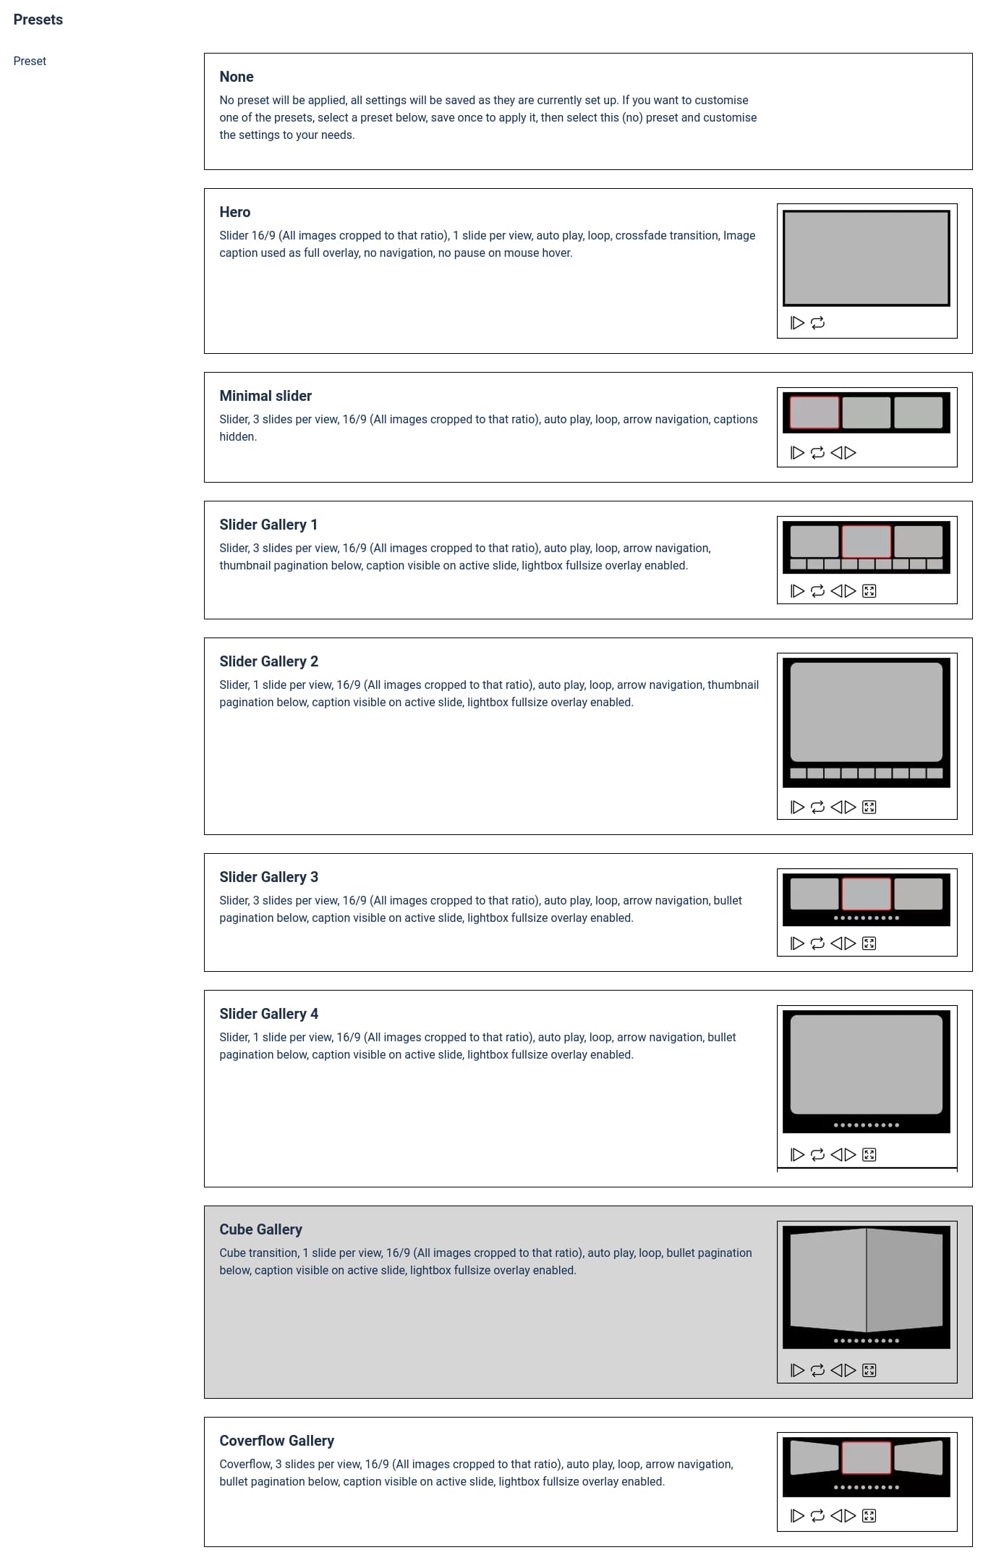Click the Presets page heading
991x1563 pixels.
point(38,20)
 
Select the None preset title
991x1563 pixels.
point(237,77)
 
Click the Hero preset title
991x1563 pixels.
point(235,212)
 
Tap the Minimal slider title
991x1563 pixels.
point(265,396)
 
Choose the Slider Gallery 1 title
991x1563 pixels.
point(268,525)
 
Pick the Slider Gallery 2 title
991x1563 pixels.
point(269,661)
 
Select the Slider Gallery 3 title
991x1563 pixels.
point(269,877)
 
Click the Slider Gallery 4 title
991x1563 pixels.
point(269,1014)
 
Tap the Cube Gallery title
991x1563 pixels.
point(261,1229)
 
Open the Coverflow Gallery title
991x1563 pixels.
point(277,1441)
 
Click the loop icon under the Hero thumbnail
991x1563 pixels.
point(817,323)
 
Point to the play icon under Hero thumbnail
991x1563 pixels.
point(797,323)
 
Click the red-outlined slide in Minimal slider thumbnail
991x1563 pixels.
point(815,412)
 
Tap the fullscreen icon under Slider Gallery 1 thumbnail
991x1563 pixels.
point(869,591)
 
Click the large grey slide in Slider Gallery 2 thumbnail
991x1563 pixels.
point(867,711)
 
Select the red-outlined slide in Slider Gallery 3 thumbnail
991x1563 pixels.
point(867,894)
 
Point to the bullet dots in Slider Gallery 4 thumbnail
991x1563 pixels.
point(867,1125)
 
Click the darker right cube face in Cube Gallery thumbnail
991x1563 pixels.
point(904,1280)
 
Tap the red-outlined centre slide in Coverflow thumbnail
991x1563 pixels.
point(867,1457)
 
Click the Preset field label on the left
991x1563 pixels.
point(30,62)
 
